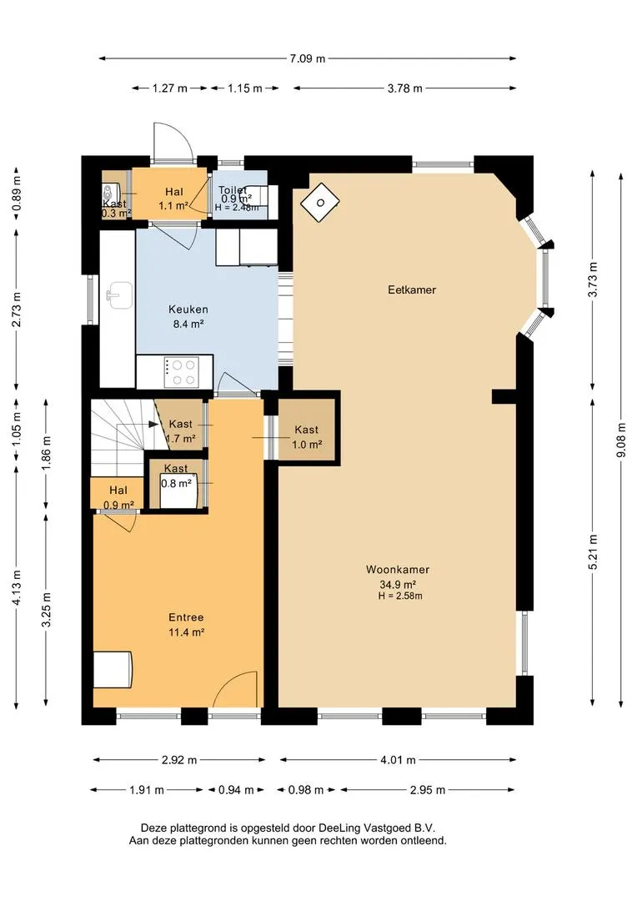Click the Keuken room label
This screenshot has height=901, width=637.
[188, 310]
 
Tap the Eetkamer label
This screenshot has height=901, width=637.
[412, 289]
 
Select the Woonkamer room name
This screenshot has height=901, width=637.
[398, 570]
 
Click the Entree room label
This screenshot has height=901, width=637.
[186, 617]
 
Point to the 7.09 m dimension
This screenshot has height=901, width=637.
[308, 58]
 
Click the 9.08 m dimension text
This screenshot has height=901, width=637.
[621, 440]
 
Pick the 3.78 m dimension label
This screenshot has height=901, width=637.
[404, 88]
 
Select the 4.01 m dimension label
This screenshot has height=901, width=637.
[398, 760]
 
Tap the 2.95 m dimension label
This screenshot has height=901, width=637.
[428, 789]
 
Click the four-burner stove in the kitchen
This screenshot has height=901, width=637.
[182, 372]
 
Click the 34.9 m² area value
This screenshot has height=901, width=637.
[398, 584]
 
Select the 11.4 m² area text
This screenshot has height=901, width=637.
[187, 632]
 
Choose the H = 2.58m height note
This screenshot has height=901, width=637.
[399, 596]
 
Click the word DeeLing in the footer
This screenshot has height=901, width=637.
[339, 828]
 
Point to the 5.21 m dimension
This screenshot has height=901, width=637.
[593, 552]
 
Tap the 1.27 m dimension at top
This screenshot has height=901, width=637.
[169, 88]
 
